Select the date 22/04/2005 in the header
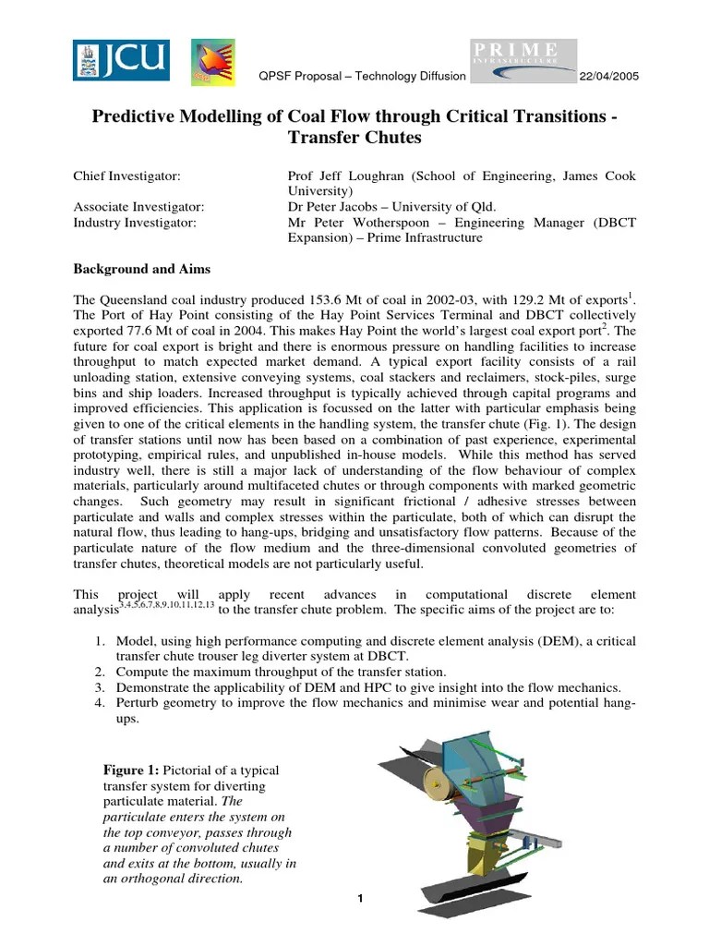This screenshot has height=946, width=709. (x=607, y=76)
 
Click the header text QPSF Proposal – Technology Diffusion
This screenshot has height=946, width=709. (x=361, y=76)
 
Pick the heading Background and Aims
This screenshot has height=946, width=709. (x=141, y=269)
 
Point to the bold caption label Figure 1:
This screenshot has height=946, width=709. (x=132, y=770)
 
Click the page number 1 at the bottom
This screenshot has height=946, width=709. (x=359, y=899)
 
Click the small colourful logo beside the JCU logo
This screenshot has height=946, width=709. (x=212, y=61)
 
